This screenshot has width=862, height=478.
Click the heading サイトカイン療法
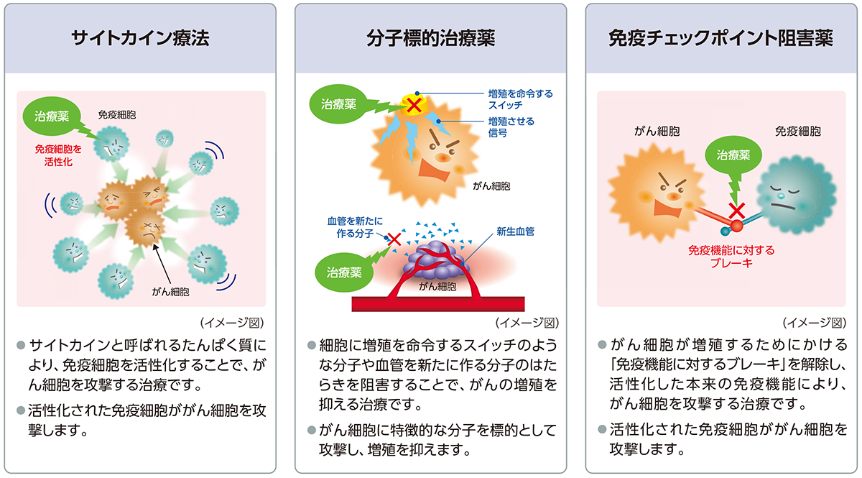pos(140,38)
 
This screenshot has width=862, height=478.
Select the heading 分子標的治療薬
pos(430,38)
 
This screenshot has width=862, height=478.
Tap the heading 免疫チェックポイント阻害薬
pos(720,38)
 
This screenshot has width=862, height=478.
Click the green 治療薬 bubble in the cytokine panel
pos(52,116)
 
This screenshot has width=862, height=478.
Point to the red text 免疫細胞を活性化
pos(58,155)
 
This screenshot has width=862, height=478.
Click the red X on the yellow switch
pos(414,105)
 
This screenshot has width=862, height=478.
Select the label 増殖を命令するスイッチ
pos(520,99)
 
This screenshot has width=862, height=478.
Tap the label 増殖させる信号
pos(511,127)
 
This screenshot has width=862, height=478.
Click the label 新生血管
pos(515,231)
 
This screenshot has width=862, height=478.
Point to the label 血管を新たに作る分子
pos(355,227)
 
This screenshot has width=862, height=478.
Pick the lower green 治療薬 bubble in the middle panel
pos(344,272)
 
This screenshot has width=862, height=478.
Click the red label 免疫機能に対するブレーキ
pos(731,257)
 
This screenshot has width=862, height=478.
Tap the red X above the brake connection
pos(736,211)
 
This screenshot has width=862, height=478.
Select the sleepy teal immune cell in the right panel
pos(796,195)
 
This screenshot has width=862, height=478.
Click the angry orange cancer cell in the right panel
pos(657,193)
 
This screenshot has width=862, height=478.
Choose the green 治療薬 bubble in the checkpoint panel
pos(733,155)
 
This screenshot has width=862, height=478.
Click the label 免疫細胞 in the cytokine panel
pos(116,115)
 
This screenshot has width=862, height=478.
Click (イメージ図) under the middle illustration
pos(527,323)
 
